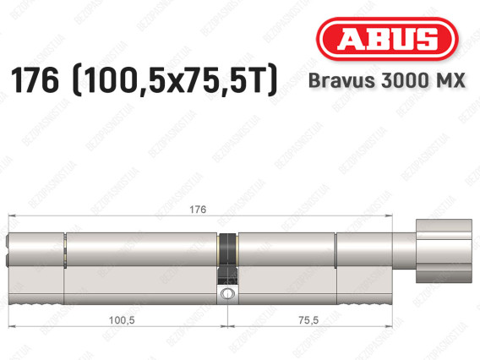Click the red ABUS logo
387,39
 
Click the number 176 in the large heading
35,80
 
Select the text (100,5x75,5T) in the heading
175,80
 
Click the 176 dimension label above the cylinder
198,210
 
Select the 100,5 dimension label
122,320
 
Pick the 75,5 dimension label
308,320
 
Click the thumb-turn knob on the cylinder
444,251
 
